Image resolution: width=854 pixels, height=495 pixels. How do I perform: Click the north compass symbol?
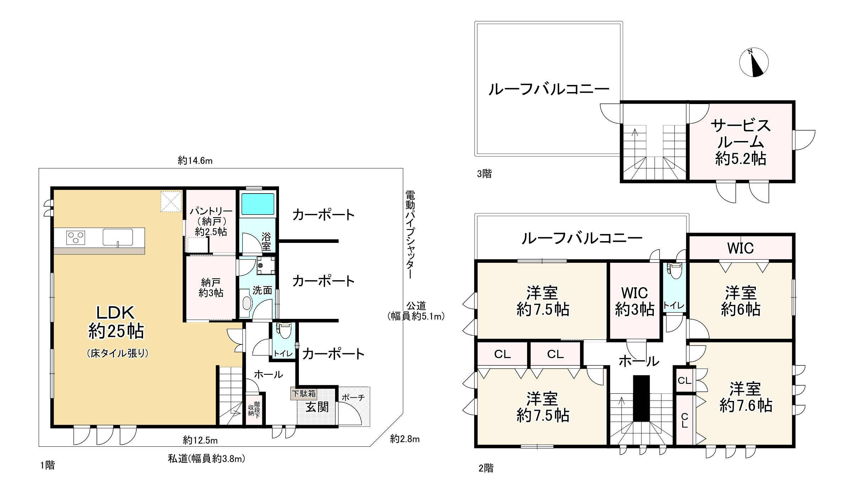point(754,62)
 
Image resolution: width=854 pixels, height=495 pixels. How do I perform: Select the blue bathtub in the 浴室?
point(258,205)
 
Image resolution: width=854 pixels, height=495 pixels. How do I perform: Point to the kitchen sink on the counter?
point(118,237)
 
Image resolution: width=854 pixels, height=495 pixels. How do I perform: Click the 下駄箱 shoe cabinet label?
point(303,394)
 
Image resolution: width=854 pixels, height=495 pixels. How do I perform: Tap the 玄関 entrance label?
point(317,407)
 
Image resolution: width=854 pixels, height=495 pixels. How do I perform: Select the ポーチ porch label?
point(353,398)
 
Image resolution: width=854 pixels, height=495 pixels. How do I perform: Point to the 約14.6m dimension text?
point(195,161)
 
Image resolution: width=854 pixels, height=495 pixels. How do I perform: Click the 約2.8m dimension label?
point(405,439)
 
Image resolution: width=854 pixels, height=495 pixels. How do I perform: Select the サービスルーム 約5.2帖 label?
point(740,142)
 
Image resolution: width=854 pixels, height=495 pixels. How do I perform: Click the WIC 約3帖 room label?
point(635,301)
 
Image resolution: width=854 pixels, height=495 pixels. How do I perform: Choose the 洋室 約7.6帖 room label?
point(746,397)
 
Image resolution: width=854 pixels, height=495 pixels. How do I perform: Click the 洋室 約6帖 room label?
point(740,301)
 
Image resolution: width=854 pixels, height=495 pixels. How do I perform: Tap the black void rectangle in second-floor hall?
point(641,398)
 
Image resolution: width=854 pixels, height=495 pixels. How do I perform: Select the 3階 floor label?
point(484,174)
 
